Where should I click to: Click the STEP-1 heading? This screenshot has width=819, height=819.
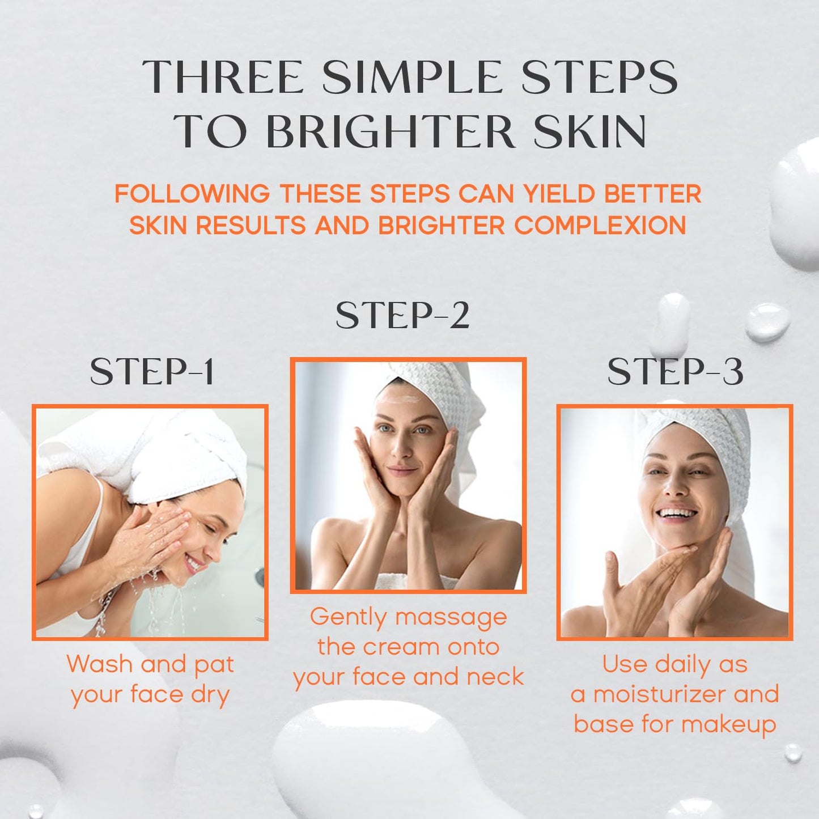[x=152, y=372]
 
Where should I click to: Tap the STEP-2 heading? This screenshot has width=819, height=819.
[x=402, y=316]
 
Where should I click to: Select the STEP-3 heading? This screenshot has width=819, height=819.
[x=674, y=372]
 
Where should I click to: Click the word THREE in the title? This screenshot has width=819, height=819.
[x=223, y=78]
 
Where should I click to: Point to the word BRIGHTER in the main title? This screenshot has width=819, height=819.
[x=391, y=132]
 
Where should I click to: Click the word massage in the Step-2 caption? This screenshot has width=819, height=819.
[x=451, y=618]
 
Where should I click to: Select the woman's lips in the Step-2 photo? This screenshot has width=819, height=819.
[x=402, y=471]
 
